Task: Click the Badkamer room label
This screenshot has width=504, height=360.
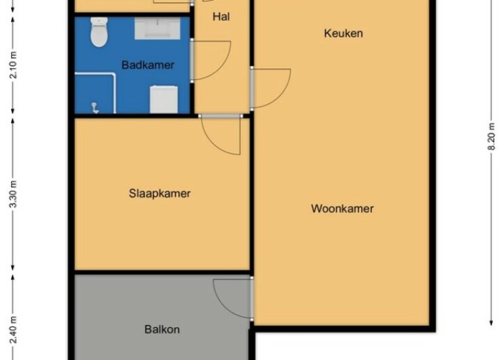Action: pyautogui.click(x=148, y=65)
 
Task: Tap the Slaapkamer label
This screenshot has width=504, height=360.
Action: pyautogui.click(x=160, y=194)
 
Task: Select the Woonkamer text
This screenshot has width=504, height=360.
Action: pyautogui.click(x=342, y=209)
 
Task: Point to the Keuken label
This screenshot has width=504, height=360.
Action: pyautogui.click(x=343, y=33)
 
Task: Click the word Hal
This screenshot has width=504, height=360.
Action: pyautogui.click(x=221, y=17)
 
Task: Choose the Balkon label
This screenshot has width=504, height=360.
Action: pyautogui.click(x=162, y=329)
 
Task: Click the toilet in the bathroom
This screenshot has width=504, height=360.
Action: pyautogui.click(x=99, y=32)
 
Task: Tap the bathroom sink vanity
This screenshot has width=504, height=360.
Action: pyautogui.click(x=157, y=29)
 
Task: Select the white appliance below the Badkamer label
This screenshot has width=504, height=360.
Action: pyautogui.click(x=164, y=99)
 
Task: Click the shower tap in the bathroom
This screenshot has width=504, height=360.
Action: pyautogui.click(x=95, y=108)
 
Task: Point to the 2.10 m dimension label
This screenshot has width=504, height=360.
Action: pyautogui.click(x=13, y=65)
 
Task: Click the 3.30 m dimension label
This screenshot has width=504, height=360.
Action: pyautogui.click(x=13, y=194)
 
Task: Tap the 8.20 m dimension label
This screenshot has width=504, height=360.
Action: pyautogui.click(x=491, y=136)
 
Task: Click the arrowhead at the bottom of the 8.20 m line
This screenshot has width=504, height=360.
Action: pyautogui.click(x=491, y=323)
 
